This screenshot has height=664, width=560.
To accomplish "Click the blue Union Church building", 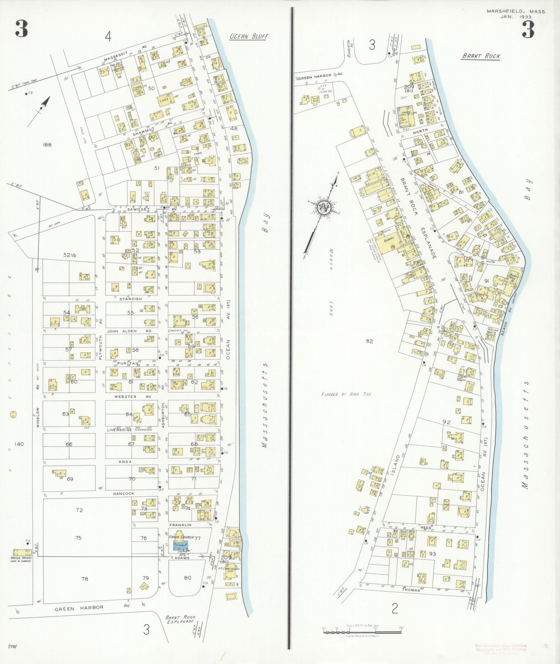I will point(180,546).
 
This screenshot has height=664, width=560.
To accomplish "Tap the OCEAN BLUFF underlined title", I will point(249,36).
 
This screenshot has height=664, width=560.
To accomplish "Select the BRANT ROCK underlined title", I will point(481,56).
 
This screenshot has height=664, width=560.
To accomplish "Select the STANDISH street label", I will point(130,299).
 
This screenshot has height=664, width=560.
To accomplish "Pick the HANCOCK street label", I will point(124,493).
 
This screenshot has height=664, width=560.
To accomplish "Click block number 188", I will point(47,144).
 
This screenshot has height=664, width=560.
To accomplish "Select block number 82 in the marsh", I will point(369,341).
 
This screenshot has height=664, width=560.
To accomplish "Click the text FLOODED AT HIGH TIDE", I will point(346,394).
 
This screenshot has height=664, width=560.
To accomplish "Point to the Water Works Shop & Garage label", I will point(21,559).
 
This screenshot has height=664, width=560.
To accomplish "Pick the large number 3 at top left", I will point(21,29).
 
